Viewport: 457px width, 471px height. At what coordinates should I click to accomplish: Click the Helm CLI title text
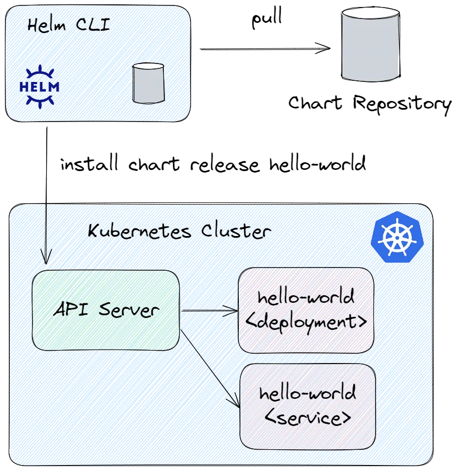(69, 24)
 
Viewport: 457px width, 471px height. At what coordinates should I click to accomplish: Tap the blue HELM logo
(40, 86)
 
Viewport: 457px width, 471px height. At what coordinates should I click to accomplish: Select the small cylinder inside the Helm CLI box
(148, 83)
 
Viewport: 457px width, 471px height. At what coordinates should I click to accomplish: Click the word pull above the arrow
(267, 18)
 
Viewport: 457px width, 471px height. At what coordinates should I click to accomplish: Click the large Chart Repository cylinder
(371, 44)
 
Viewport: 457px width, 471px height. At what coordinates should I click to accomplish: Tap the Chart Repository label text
(370, 104)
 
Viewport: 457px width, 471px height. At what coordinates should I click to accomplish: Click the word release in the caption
(225, 165)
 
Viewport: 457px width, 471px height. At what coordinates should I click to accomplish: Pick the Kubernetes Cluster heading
(179, 231)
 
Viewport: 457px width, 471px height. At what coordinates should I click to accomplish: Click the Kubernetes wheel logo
(397, 237)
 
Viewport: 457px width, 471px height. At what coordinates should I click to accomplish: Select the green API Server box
(106, 310)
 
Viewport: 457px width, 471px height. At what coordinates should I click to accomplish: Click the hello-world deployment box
(306, 310)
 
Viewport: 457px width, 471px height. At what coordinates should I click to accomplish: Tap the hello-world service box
(308, 407)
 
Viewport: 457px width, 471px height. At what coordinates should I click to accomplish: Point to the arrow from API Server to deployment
(210, 310)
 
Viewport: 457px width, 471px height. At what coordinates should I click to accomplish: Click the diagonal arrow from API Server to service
(210, 368)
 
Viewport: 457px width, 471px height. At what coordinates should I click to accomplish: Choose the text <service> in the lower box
(308, 417)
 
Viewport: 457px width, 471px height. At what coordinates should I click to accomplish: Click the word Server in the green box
(129, 310)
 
